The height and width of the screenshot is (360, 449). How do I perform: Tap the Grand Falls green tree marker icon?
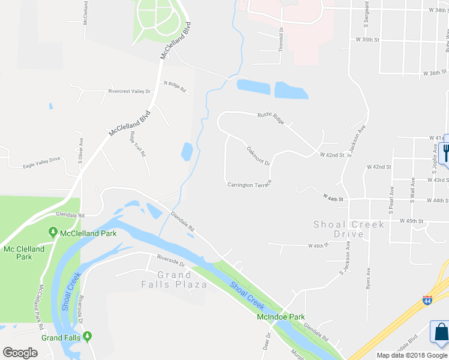click(88, 337)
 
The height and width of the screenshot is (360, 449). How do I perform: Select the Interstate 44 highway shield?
click(427, 300)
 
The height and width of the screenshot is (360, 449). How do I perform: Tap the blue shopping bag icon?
click(441, 334)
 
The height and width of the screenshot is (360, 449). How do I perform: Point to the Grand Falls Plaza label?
click(182, 280)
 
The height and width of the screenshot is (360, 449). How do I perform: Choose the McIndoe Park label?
click(281, 317)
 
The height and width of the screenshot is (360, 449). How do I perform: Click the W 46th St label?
click(319, 245)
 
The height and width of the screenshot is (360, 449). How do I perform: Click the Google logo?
click(20, 352)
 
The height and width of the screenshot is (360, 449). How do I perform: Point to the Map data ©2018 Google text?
click(411, 355)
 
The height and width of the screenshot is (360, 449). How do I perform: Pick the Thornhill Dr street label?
click(280, 41)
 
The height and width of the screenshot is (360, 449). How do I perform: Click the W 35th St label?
click(368, 40)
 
